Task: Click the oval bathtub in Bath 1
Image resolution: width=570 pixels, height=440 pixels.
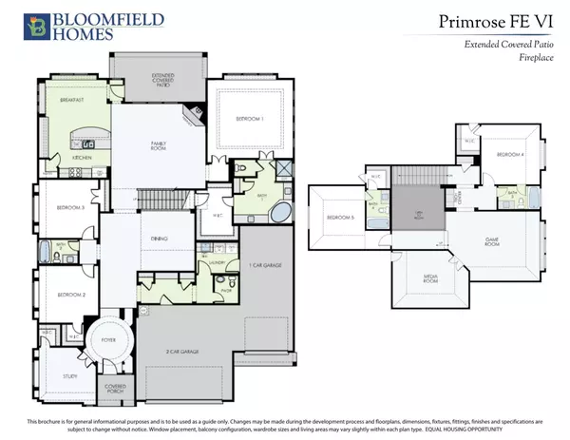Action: (x=282, y=211)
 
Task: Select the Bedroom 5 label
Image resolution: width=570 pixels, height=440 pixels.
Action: (x=341, y=218)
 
